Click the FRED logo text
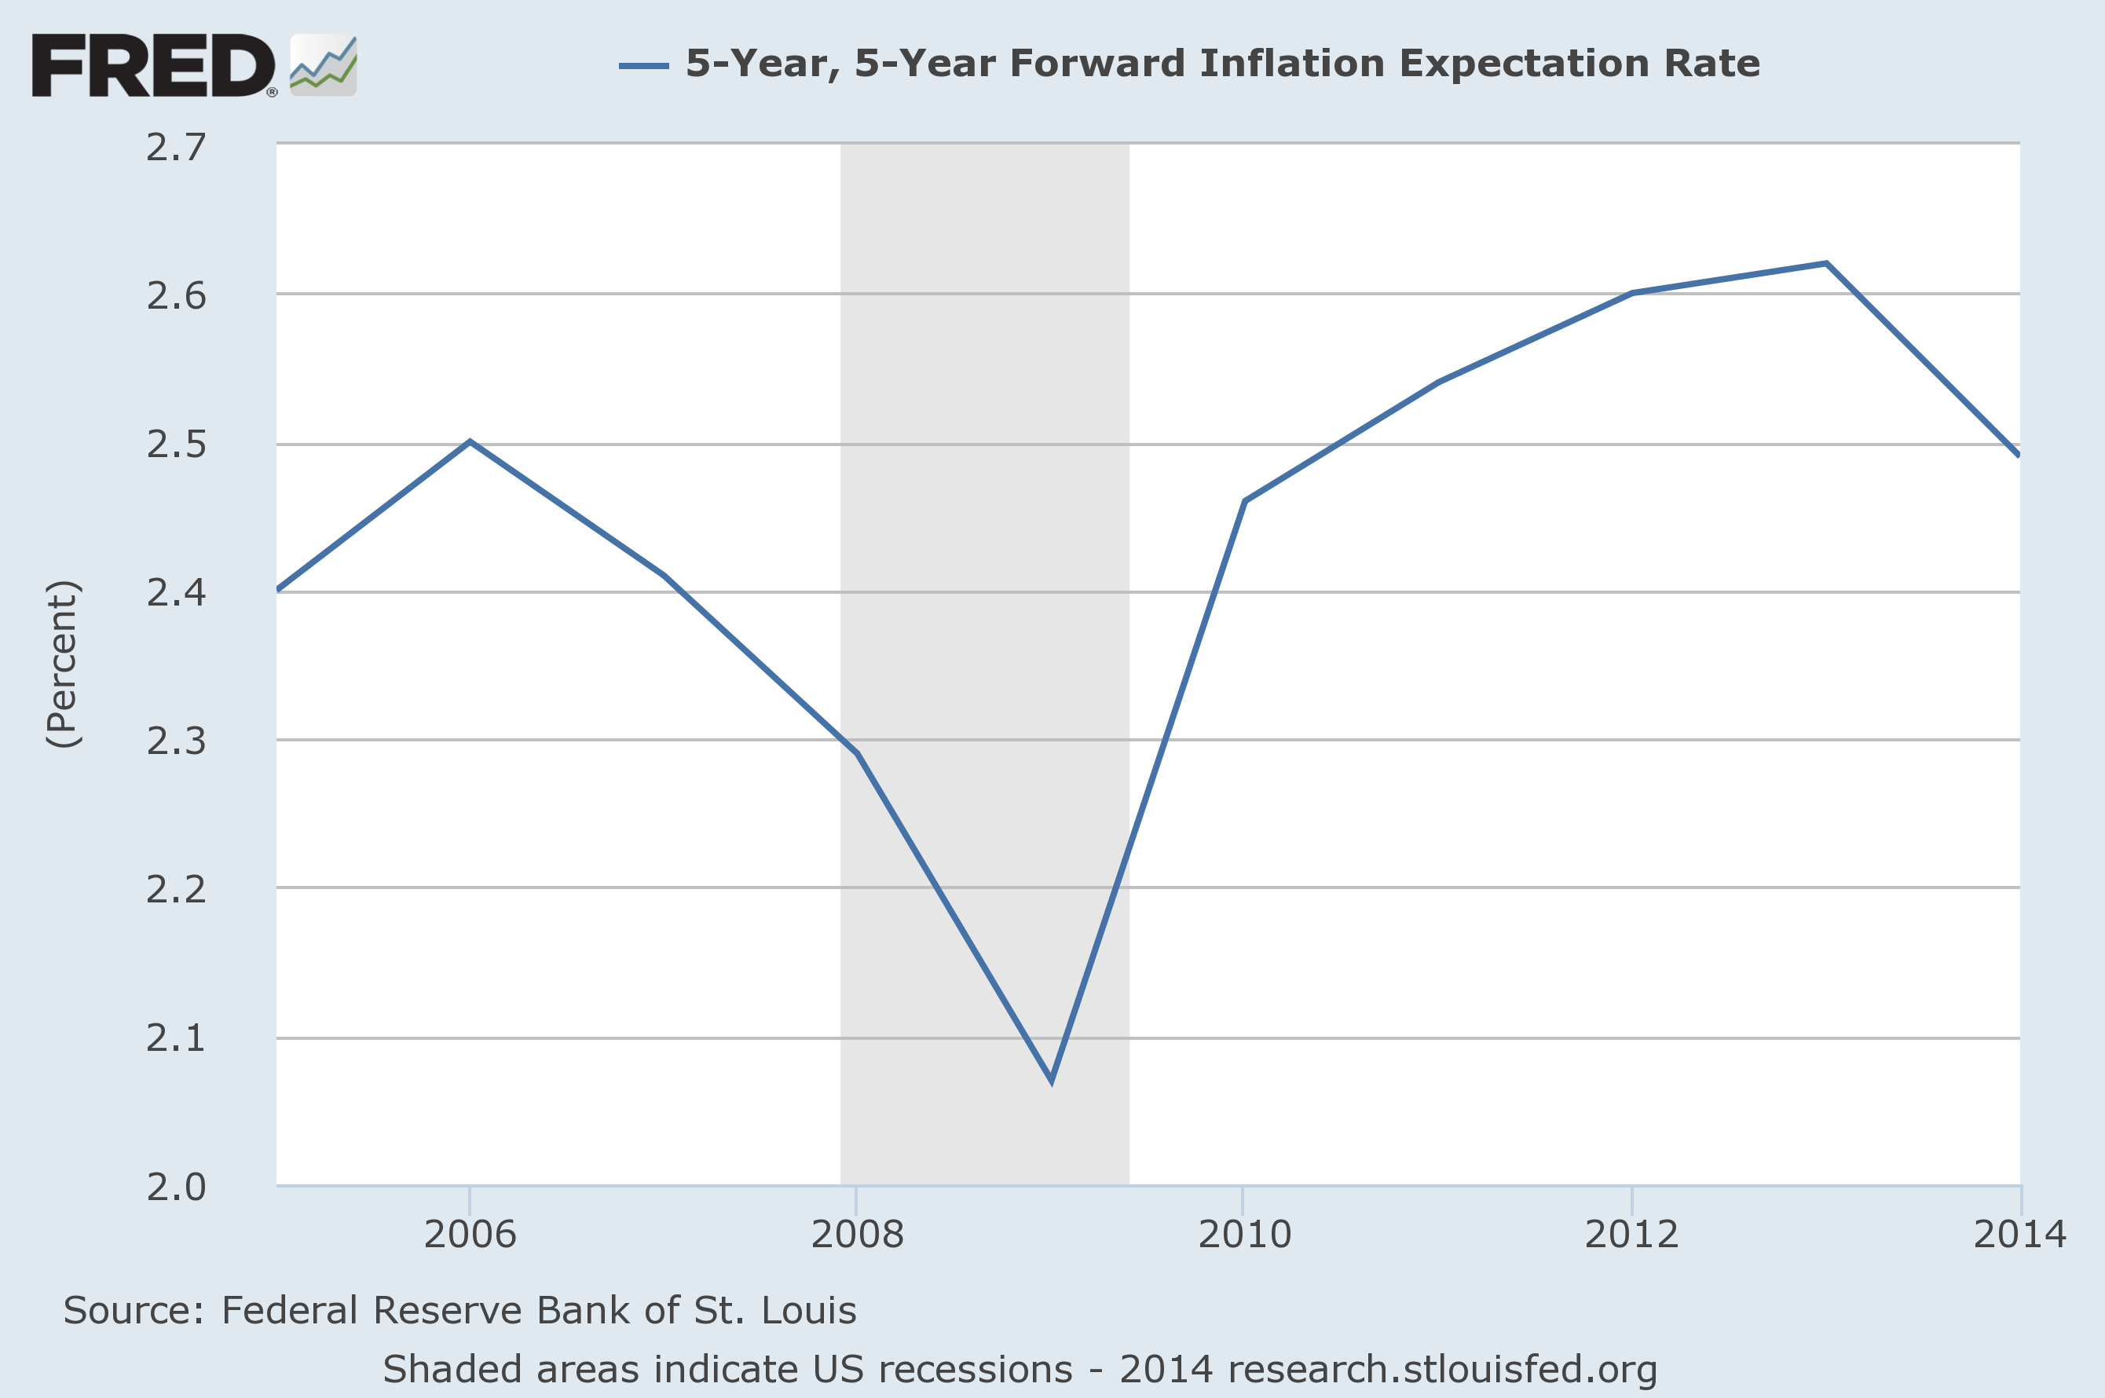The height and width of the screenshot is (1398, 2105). (153, 65)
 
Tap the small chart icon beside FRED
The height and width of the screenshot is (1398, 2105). (324, 65)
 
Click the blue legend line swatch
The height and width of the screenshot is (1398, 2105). (644, 65)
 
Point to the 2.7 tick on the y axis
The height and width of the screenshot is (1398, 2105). (176, 147)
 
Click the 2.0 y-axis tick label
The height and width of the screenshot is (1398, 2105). (176, 1187)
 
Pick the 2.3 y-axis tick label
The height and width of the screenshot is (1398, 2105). (176, 741)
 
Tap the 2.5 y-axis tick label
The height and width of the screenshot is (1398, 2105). (176, 444)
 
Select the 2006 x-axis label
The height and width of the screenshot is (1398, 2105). (470, 1234)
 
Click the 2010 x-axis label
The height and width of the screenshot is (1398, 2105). (1243, 1234)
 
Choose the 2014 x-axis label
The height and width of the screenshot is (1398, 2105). (2019, 1234)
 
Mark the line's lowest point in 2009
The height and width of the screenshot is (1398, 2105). (1052, 1081)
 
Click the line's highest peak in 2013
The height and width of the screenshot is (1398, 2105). (1827, 264)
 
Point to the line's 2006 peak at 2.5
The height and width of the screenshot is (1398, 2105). (470, 442)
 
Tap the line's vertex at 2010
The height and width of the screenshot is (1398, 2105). (1245, 502)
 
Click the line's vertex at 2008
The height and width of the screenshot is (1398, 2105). (857, 753)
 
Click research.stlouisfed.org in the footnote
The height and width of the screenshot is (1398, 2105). (1441, 1370)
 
